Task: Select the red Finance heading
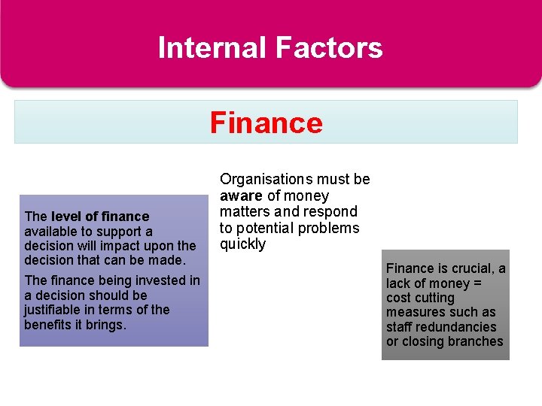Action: coord(266,123)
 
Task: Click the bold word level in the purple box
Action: coord(65,217)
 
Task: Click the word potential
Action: coord(263,228)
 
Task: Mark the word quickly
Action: coord(242,244)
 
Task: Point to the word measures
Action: coord(414,312)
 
